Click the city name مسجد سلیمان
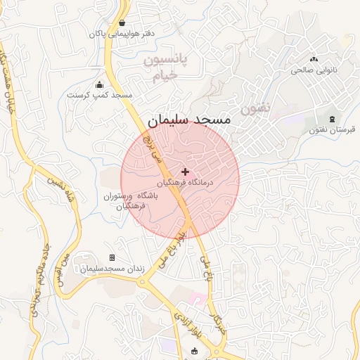pos(189,120)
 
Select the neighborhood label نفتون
pos(254,108)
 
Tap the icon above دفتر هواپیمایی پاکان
pos(123,22)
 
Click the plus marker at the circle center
pos(185,172)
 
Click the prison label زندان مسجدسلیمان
pos(112,269)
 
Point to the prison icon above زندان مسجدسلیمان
pos(112,259)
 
